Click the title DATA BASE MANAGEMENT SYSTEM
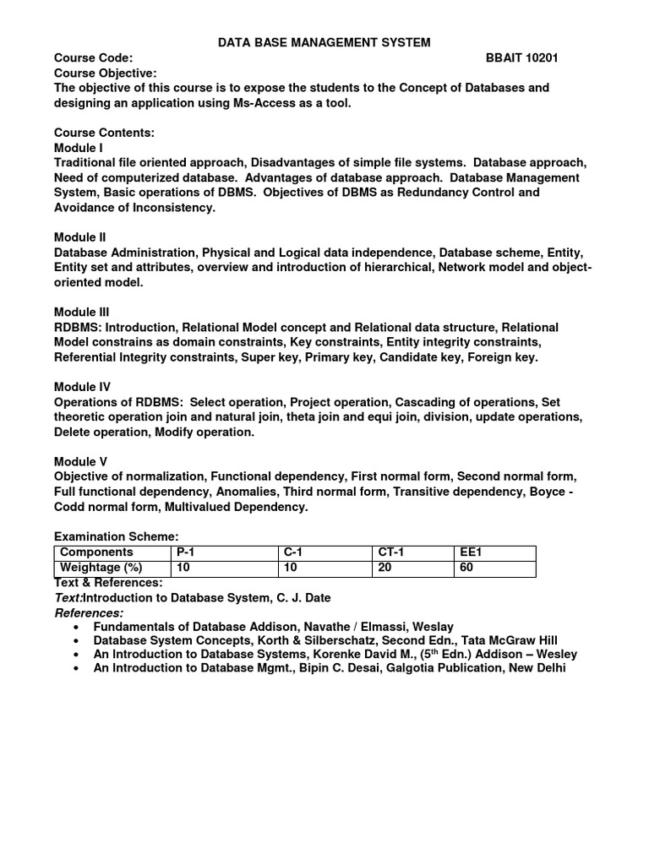tap(325, 42)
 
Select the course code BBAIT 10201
tap(521, 57)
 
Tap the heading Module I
tap(78, 148)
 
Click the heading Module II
tap(79, 237)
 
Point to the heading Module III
tap(81, 312)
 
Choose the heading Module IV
tap(81, 387)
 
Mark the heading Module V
tap(80, 461)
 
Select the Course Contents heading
tap(104, 133)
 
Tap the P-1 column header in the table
tap(185, 552)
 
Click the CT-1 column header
tap(390, 552)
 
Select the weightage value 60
tap(466, 568)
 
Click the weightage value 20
tap(384, 568)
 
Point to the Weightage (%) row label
tap(101, 568)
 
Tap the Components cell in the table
tap(96, 552)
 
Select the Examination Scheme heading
tap(117, 536)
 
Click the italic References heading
tap(89, 612)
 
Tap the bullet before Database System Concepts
tap(77, 641)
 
